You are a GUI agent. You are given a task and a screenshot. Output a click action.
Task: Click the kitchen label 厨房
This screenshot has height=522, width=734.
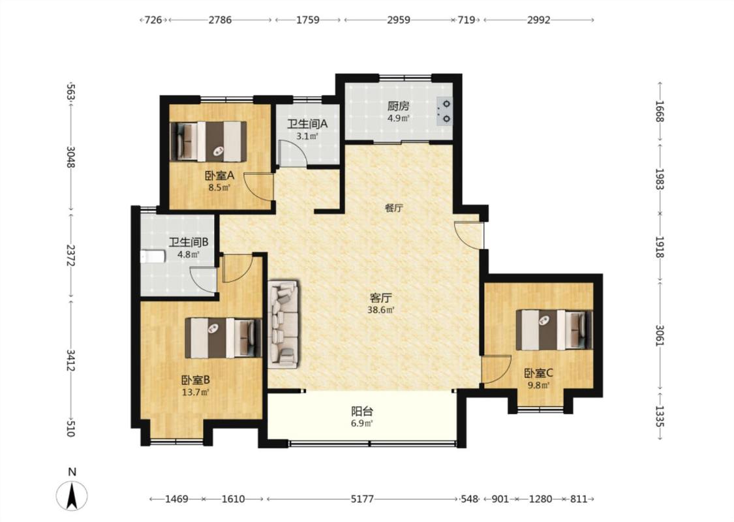(x=399, y=106)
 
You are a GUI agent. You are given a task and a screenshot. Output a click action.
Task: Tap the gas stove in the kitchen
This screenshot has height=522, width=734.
(x=444, y=112)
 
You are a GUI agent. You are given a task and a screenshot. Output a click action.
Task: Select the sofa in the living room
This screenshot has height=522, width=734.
(x=283, y=323)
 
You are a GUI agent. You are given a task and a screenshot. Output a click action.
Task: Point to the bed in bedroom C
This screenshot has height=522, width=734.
(x=554, y=330)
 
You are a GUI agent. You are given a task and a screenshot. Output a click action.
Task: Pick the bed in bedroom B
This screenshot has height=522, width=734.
(x=223, y=337)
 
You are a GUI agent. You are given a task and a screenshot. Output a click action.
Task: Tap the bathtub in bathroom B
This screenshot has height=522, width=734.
(x=153, y=256)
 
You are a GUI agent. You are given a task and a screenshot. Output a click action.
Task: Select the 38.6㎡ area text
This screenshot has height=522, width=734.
(x=380, y=310)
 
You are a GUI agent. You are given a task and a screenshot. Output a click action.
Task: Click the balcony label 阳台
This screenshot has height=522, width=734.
(x=362, y=412)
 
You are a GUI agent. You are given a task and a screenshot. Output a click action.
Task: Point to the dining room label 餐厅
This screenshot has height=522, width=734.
(x=393, y=208)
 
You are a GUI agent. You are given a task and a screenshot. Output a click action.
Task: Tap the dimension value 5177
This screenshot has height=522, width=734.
(x=362, y=499)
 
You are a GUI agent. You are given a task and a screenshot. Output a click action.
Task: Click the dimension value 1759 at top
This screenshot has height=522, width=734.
(x=308, y=20)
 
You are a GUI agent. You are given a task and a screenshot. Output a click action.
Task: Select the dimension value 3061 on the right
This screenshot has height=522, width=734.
(x=660, y=335)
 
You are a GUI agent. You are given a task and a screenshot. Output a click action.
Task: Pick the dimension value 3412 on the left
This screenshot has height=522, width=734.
(x=70, y=360)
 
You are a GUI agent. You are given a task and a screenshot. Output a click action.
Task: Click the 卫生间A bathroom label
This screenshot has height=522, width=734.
(x=307, y=124)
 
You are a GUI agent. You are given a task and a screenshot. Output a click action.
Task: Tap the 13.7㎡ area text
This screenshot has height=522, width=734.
(x=196, y=392)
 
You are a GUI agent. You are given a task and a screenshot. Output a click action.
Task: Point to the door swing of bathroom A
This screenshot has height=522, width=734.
(x=292, y=153)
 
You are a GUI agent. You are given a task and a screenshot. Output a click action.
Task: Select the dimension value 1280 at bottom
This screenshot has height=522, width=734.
(x=541, y=499)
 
